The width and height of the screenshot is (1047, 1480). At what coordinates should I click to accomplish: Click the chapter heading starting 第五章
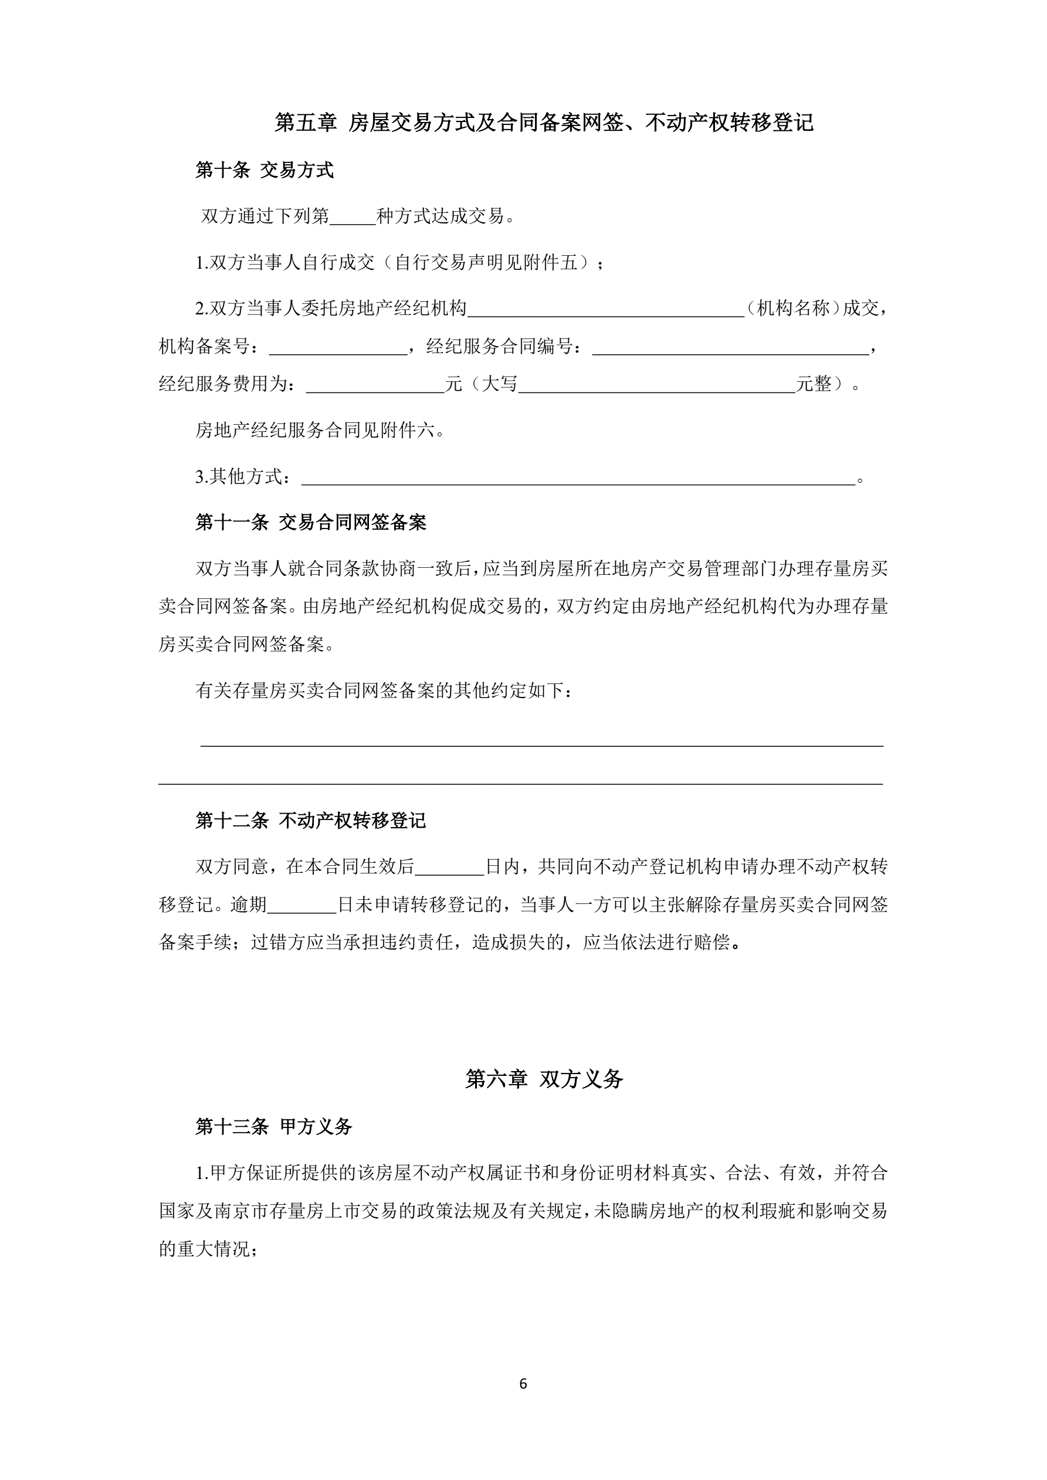pos(544,123)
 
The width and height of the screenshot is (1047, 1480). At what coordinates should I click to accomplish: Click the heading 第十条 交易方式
pos(265,170)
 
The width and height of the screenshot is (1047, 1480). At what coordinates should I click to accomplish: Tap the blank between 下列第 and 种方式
pos(352,216)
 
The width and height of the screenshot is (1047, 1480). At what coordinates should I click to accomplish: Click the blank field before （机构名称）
pos(606,309)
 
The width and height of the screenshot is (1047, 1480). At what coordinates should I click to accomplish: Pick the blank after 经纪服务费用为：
pos(375,385)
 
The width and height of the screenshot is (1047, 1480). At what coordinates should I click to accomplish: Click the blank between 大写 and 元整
pos(656,385)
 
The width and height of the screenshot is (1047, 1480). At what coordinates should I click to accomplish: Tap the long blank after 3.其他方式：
pos(578,477)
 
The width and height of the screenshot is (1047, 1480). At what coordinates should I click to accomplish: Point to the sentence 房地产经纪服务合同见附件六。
pos(320,430)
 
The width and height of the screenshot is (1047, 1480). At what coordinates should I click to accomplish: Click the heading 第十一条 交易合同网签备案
pos(311,522)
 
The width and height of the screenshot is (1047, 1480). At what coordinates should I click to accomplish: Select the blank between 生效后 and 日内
pos(449,868)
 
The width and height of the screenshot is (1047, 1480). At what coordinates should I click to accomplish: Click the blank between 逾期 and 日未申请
pos(301,905)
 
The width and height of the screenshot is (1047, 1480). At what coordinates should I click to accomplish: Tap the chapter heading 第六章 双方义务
pos(544,1079)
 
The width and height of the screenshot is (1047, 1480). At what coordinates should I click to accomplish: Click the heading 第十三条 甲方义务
pos(274,1127)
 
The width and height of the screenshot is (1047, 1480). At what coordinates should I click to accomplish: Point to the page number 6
pos(523,1384)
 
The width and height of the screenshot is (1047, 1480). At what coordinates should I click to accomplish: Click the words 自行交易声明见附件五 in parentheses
pos(486,263)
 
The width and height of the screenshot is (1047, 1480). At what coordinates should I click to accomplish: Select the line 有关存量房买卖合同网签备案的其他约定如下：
pos(383,691)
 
